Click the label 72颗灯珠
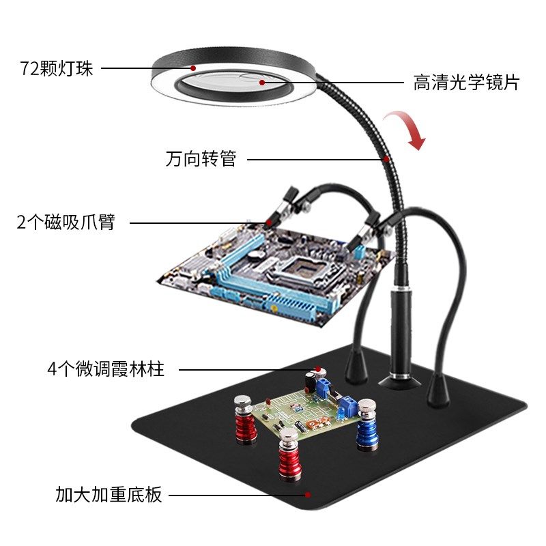[x=56, y=69]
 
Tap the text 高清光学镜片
[x=466, y=83]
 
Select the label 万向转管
[x=201, y=160]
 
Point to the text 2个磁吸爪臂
[x=66, y=222]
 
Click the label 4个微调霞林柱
[x=106, y=370]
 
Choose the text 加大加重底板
[x=109, y=494]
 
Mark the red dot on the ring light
[x=194, y=68]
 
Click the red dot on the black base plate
[x=308, y=494]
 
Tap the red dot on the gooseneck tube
[x=386, y=159]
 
